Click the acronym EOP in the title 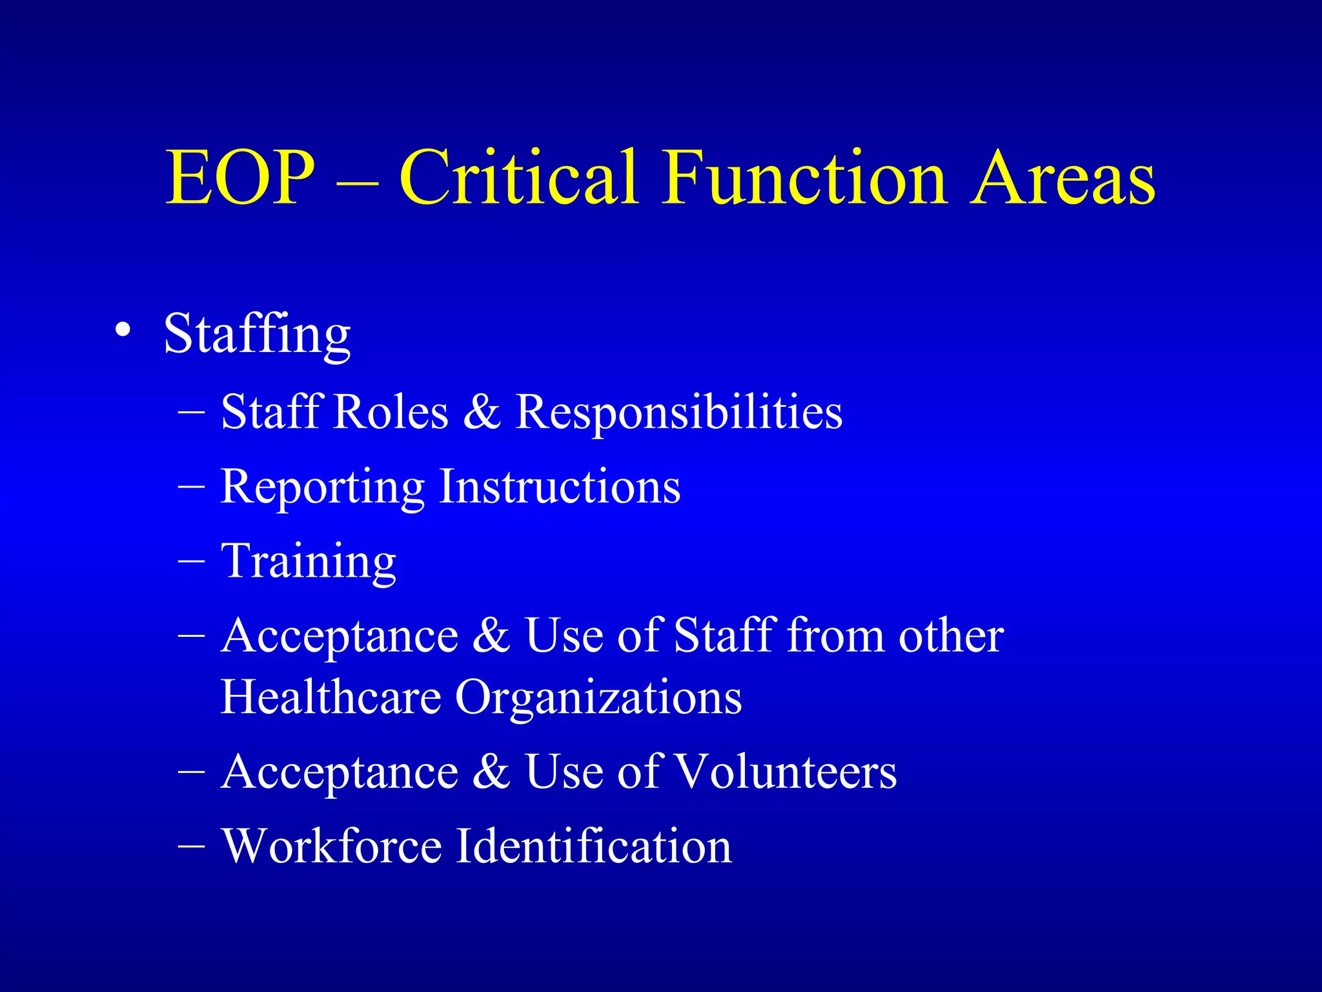pos(239,178)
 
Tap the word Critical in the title pos(519,178)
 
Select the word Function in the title pos(804,178)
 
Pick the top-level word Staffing pos(257,335)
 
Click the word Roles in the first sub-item pos(391,412)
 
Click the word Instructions pos(560,486)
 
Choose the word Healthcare pos(330,697)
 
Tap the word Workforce pos(332,846)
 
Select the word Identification pos(594,846)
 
